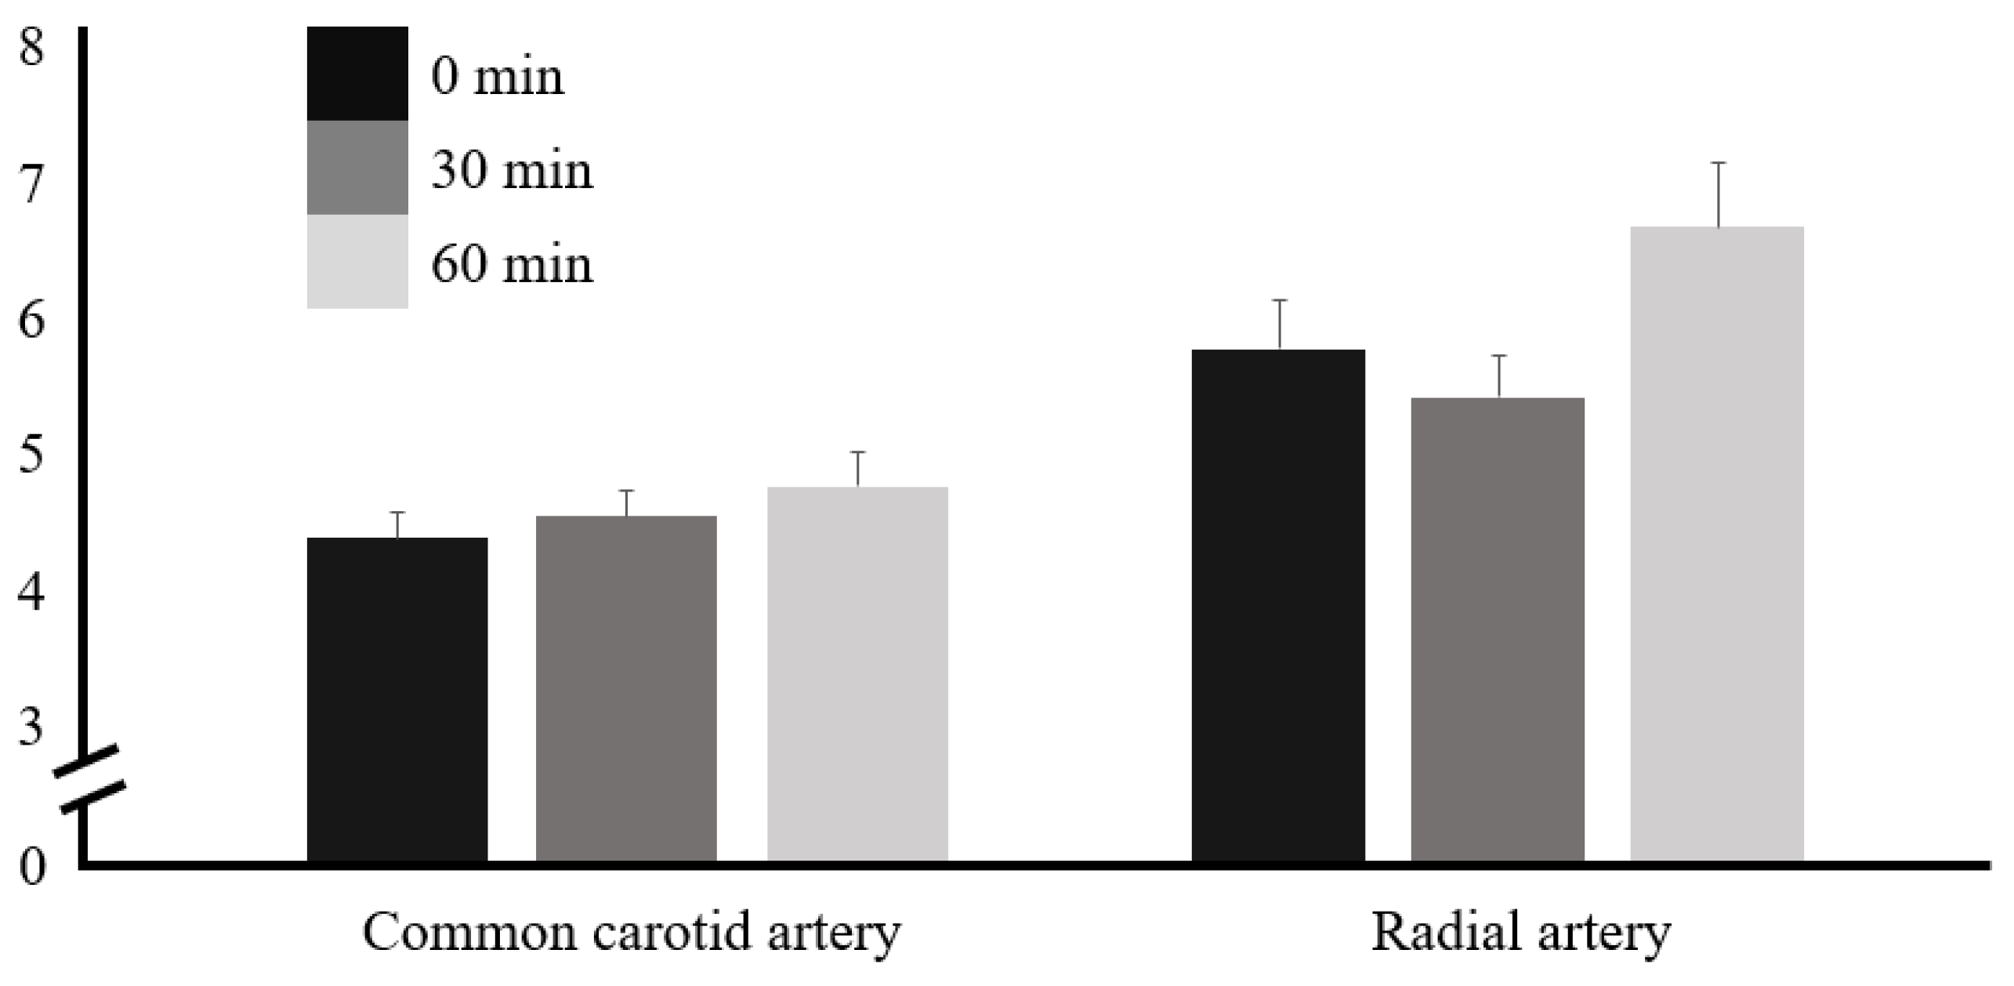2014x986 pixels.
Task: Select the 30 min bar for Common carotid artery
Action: point(626,687)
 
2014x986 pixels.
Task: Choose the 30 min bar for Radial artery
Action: point(1498,628)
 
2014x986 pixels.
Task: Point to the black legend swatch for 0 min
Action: point(357,74)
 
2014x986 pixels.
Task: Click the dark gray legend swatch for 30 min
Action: point(357,167)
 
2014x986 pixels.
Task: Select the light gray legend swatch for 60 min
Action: point(357,261)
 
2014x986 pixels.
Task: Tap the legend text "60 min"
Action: point(512,264)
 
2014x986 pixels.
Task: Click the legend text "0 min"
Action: point(497,78)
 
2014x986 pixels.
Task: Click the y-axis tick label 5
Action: point(31,456)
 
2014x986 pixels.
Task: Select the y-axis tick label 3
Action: point(31,727)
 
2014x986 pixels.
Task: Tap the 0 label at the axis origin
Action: point(31,868)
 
